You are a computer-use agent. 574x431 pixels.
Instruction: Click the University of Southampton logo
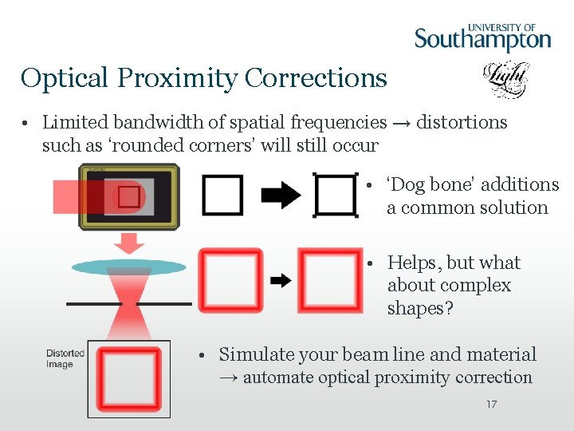click(x=482, y=37)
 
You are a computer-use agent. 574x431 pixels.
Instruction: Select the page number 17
click(x=491, y=405)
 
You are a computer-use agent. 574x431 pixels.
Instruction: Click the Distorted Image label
click(x=65, y=358)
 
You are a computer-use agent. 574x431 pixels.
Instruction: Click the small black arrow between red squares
click(x=280, y=280)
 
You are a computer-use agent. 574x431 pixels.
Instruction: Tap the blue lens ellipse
click(x=128, y=267)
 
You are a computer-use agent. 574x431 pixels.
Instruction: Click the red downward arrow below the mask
click(x=128, y=243)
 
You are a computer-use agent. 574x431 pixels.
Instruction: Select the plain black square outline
click(x=222, y=195)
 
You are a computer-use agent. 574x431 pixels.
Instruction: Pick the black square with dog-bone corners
click(x=336, y=195)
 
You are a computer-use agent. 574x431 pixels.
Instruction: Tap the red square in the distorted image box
click(x=128, y=378)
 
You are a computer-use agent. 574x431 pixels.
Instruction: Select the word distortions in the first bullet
click(x=462, y=123)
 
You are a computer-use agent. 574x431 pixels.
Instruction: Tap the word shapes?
click(x=420, y=308)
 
